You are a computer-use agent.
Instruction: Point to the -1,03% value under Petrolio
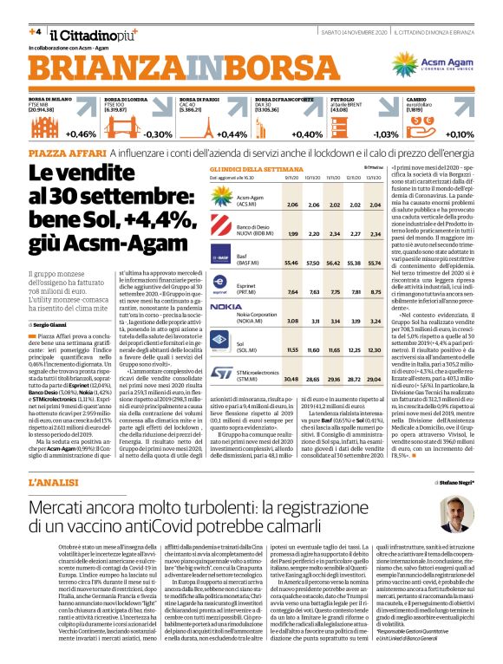coord(384,134)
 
